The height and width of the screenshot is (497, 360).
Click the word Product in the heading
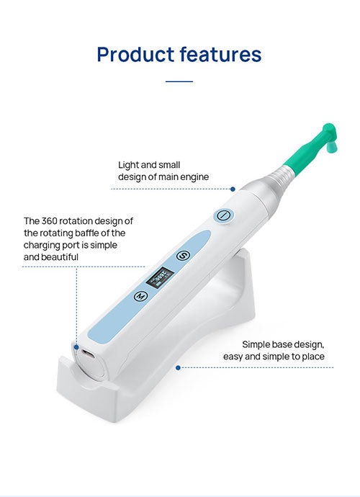pos(135,54)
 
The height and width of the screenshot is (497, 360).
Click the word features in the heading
pos(220,54)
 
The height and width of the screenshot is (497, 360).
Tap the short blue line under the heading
pos(179,81)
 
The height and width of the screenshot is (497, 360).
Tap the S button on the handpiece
pos(183,255)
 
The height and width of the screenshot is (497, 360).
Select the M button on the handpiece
pos(140,296)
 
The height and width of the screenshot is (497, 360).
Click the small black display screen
pos(159,277)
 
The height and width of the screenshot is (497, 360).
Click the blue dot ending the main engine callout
pos(233,189)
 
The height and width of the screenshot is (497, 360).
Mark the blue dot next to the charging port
pos(76,347)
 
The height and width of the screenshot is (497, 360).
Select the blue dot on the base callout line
pos(178,367)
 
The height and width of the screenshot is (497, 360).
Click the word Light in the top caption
pos(128,166)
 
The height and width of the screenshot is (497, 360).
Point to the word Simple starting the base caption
pos(256,344)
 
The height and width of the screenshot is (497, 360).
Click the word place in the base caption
pos(313,357)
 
